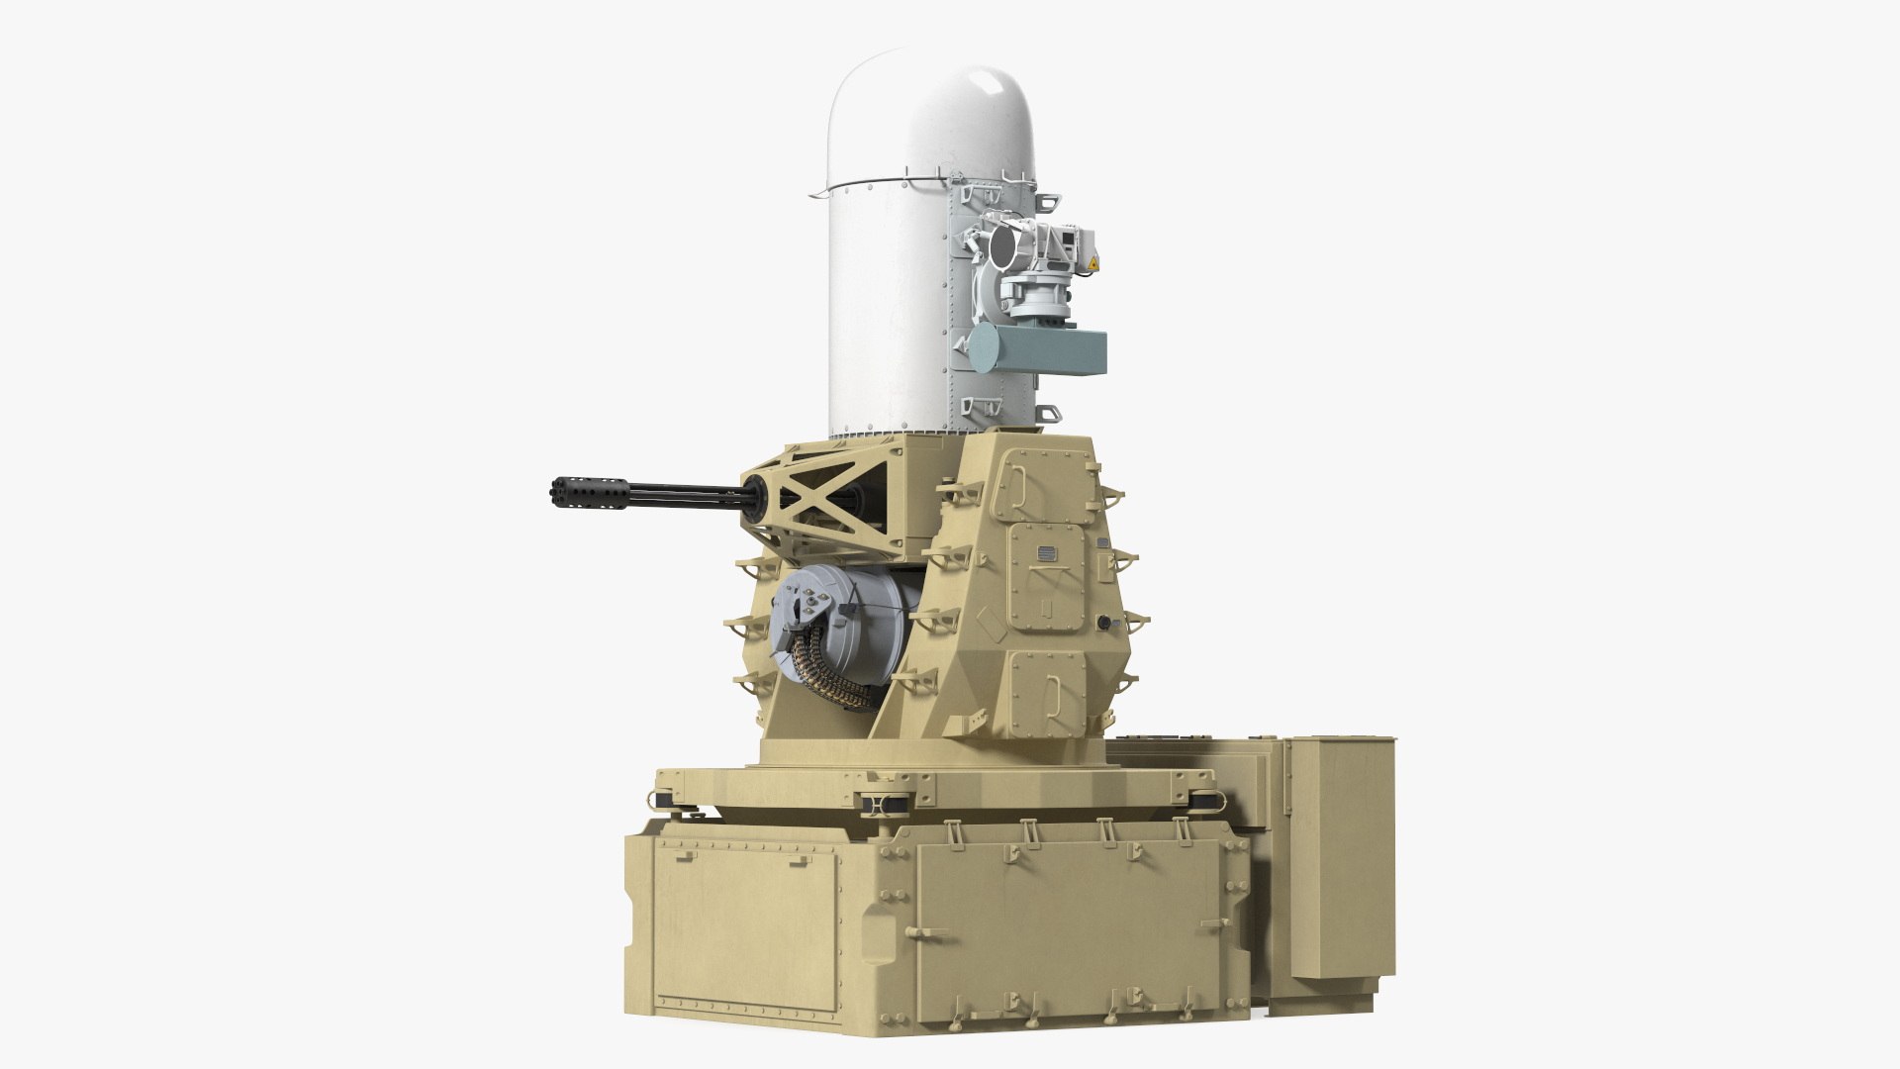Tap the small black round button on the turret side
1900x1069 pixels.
pos(1103,622)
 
